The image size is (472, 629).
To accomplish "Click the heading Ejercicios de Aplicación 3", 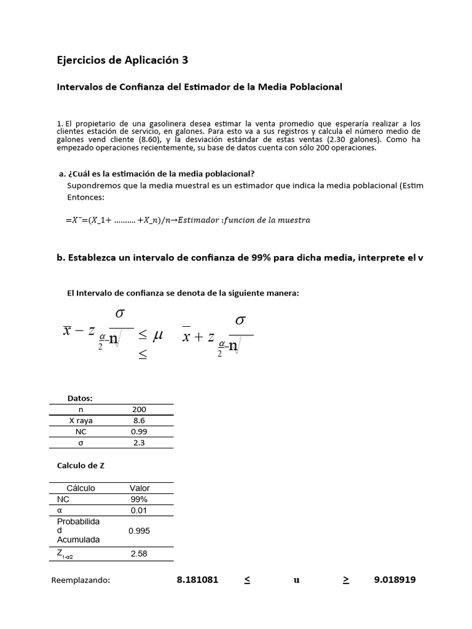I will click(x=122, y=60).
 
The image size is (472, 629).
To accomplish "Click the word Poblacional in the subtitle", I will click(x=312, y=87).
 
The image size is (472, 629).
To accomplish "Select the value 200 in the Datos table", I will click(x=140, y=410).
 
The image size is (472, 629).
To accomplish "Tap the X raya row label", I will click(x=80, y=421).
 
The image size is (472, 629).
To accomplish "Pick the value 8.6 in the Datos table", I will click(x=140, y=421).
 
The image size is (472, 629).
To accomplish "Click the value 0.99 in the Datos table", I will click(x=140, y=432).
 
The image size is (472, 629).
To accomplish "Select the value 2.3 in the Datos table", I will click(x=140, y=443).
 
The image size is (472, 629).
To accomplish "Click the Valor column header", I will click(x=140, y=488).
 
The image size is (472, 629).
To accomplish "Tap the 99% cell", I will click(x=140, y=499).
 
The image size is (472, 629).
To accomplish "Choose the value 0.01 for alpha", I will click(x=140, y=510).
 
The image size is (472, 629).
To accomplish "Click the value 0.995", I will click(x=140, y=531).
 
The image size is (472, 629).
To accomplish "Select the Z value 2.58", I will click(x=140, y=553).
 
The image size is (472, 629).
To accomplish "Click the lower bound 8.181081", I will click(x=197, y=579).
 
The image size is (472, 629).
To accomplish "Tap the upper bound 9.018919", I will click(x=395, y=579).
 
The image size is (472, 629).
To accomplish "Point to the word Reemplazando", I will click(x=81, y=580).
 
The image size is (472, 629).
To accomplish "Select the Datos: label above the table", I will click(x=80, y=399).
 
